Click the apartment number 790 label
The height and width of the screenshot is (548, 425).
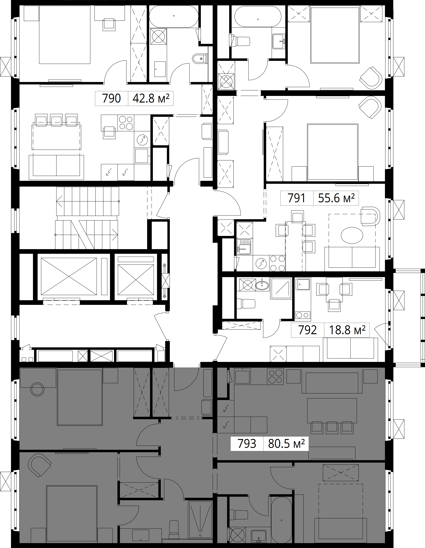[111, 98]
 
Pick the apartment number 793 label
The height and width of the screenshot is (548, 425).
[247, 444]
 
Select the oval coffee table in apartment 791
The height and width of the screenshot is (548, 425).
[352, 235]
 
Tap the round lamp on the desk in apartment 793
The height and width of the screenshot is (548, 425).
[37, 389]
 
